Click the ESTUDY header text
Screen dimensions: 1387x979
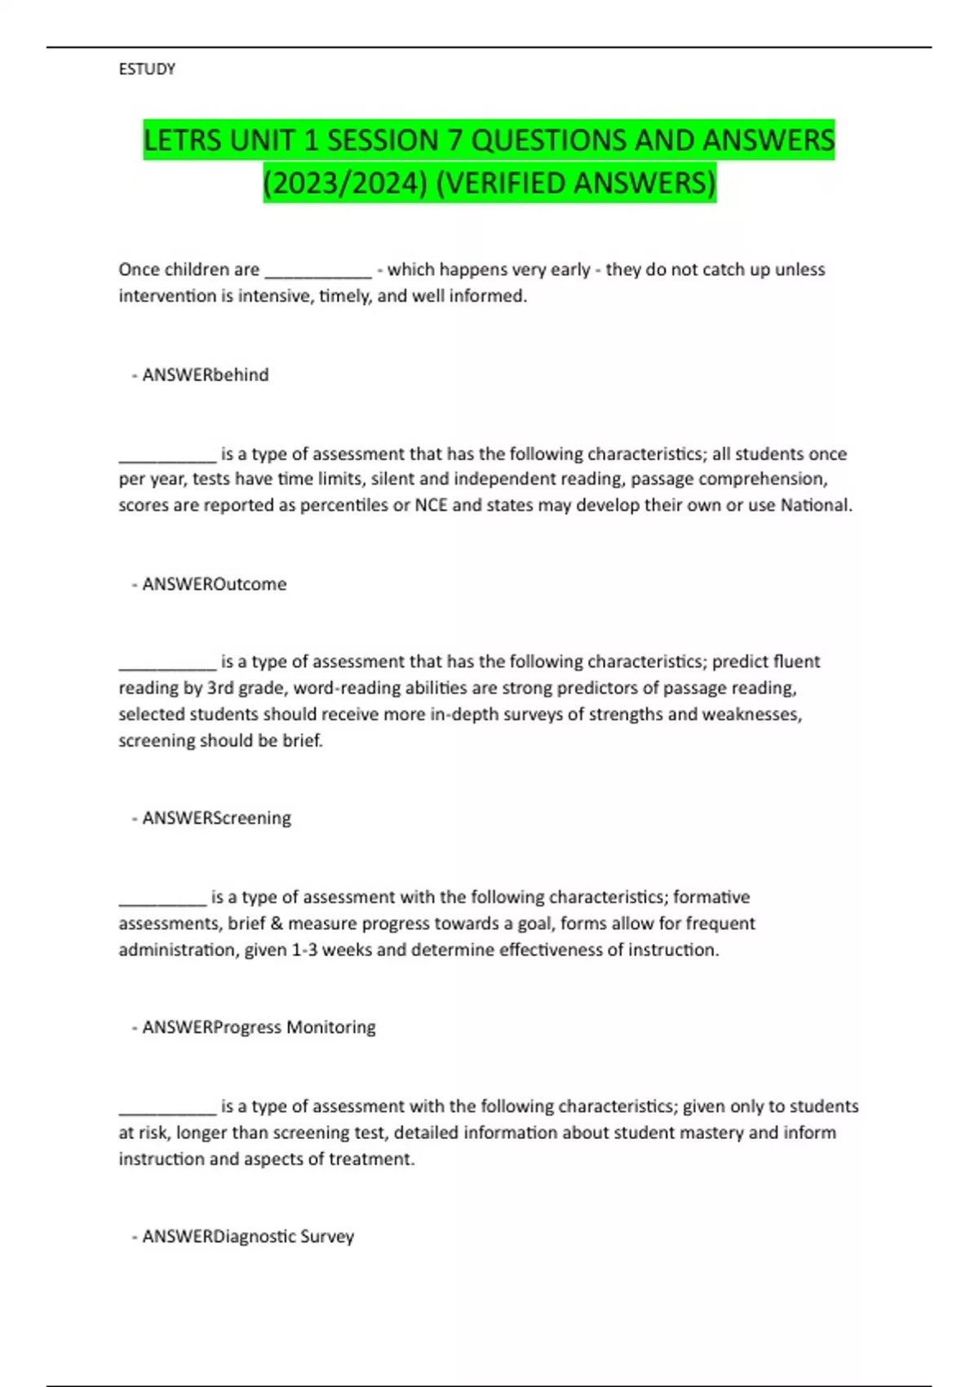(x=147, y=69)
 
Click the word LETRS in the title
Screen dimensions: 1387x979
(x=184, y=140)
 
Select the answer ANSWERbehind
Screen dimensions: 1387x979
(x=205, y=375)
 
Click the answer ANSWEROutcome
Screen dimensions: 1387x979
(x=214, y=584)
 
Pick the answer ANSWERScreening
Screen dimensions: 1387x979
(x=216, y=818)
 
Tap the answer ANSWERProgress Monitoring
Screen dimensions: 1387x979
(x=259, y=1027)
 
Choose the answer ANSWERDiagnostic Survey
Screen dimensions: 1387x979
(x=248, y=1237)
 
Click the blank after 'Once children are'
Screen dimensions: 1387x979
(x=318, y=271)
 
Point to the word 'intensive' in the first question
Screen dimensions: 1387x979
(x=276, y=296)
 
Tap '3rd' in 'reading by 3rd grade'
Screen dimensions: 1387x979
(x=220, y=688)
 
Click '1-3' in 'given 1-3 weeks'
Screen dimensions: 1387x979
(x=304, y=951)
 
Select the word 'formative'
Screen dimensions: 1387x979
(x=711, y=897)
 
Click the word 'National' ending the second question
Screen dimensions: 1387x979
(x=815, y=506)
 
